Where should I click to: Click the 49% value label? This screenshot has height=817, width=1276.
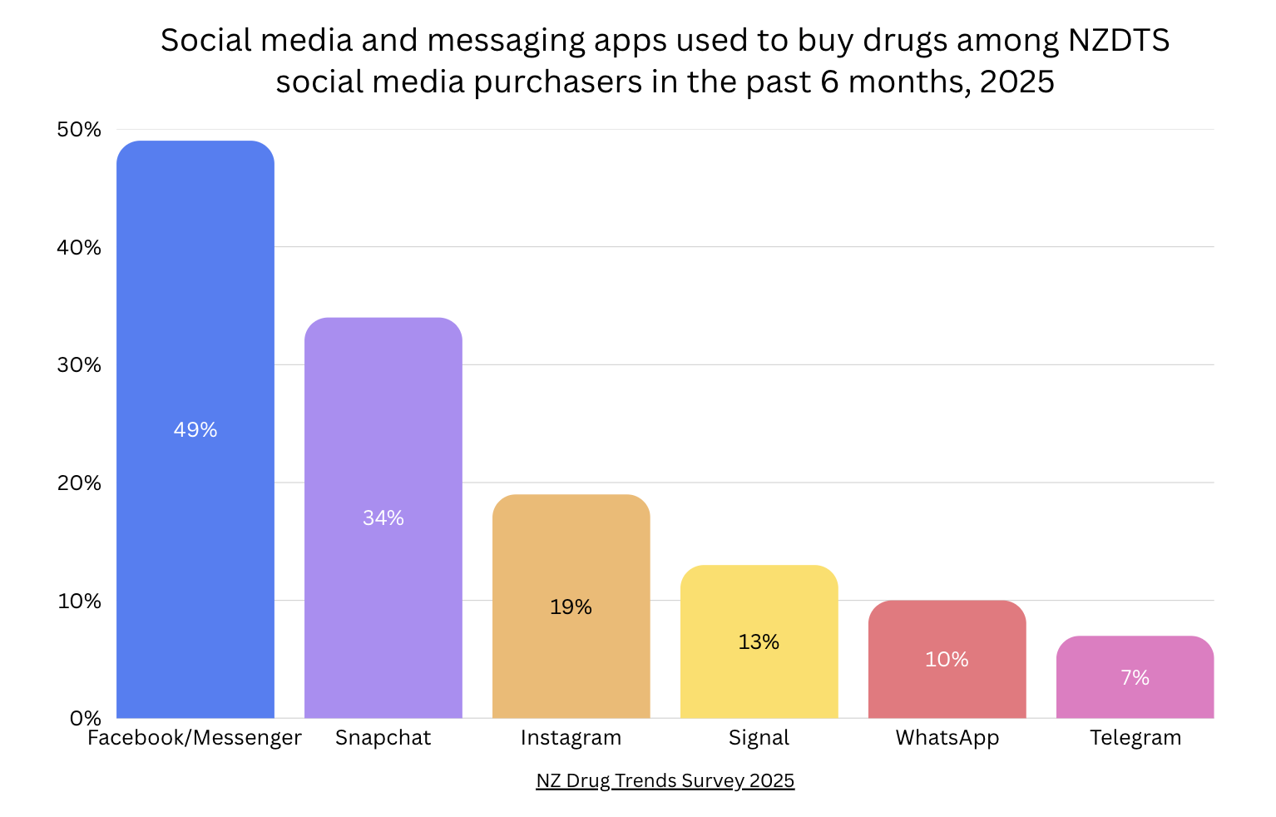click(x=195, y=430)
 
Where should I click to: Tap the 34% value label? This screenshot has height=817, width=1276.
click(x=383, y=518)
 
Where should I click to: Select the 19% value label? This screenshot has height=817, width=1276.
click(x=571, y=607)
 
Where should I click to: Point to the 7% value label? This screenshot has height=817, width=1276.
click(x=1135, y=678)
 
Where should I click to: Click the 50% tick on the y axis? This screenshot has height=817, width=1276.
click(x=79, y=130)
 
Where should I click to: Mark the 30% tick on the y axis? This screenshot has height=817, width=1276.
click(x=79, y=365)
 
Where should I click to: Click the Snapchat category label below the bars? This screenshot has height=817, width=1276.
click(x=383, y=738)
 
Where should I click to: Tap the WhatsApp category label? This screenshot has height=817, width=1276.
click(x=947, y=738)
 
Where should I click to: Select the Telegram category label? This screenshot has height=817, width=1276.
click(x=1135, y=738)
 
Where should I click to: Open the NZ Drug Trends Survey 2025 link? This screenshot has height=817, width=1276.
click(x=665, y=781)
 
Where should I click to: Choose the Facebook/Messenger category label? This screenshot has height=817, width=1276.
click(x=195, y=738)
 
